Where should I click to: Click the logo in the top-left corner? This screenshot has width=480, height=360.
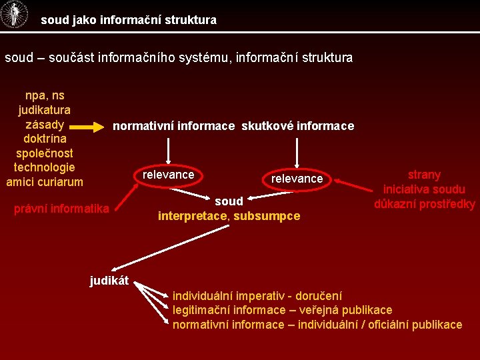[x=14, y=15]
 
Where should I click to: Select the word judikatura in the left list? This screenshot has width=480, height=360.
[x=45, y=110]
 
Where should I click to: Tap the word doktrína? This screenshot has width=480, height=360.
[x=44, y=139]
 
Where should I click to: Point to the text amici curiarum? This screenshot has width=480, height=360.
[x=45, y=181]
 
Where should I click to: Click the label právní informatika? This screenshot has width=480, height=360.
[x=61, y=209]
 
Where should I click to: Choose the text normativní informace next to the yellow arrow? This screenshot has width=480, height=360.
[x=174, y=126]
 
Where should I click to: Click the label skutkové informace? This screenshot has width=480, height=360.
[x=297, y=126]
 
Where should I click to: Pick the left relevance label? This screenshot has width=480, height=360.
[x=169, y=175]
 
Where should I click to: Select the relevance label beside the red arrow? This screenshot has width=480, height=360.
[x=297, y=179]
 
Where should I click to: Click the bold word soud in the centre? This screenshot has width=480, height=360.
[x=229, y=201]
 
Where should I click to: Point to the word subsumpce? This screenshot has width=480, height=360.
[x=267, y=216]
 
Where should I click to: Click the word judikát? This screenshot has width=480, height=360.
[x=109, y=281]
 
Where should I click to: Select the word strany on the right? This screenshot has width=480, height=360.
[x=424, y=175]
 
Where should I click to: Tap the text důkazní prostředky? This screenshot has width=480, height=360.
[x=424, y=204]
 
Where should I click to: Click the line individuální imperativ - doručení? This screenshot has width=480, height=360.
[x=257, y=295]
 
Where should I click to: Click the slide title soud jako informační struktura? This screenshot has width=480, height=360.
[x=129, y=20]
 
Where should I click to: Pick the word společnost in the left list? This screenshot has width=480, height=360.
[x=44, y=153]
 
